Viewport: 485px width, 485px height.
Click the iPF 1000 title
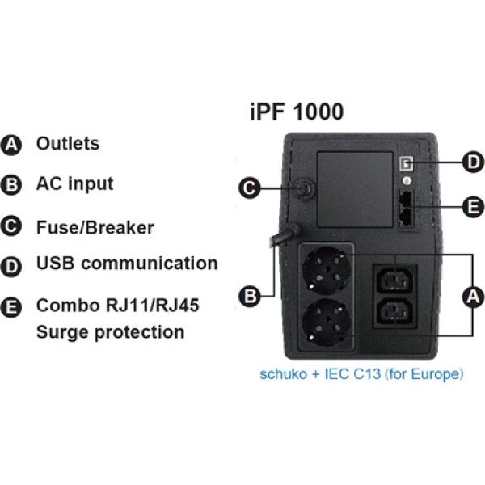coord(296,112)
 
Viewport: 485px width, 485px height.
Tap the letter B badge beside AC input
coord(13,185)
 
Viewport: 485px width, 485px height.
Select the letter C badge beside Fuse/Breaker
coord(13,226)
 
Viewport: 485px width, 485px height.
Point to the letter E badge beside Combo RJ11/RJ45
coord(13,308)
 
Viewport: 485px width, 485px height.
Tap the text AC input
coord(74,184)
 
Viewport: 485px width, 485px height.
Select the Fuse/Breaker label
coord(95,226)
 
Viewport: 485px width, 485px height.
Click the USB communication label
coord(127,264)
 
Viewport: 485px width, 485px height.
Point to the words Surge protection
coord(110,332)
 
